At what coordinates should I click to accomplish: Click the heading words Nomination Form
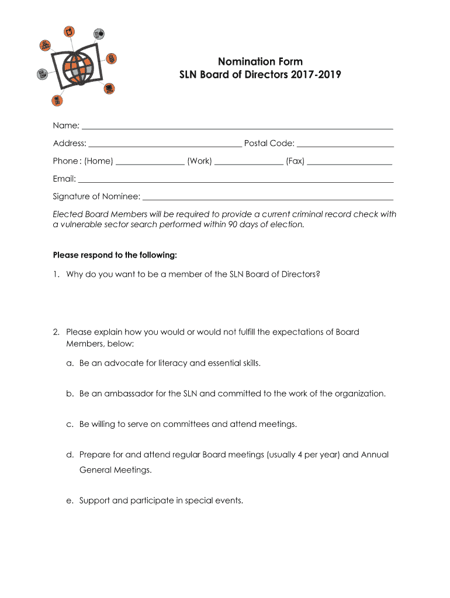pos(260,62)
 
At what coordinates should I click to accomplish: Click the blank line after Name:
pos(237,127)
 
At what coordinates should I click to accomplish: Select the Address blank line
pos(165,145)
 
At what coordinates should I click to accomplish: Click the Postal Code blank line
pos(345,145)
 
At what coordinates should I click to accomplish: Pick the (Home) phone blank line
pos(150,164)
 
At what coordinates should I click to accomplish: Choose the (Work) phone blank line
pos(249,164)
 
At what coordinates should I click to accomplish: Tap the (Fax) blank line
pos(349,164)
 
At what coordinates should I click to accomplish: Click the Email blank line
pos(236,181)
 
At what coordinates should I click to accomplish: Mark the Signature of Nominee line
pos(268,199)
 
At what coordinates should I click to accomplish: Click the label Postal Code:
pos(269,144)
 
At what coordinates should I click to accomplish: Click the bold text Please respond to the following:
pos(115,255)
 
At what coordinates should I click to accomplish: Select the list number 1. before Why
pos(56,273)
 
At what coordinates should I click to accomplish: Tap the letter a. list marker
pos(70,363)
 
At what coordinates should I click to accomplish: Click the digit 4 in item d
pos(312,454)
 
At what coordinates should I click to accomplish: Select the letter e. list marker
pos(70,500)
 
